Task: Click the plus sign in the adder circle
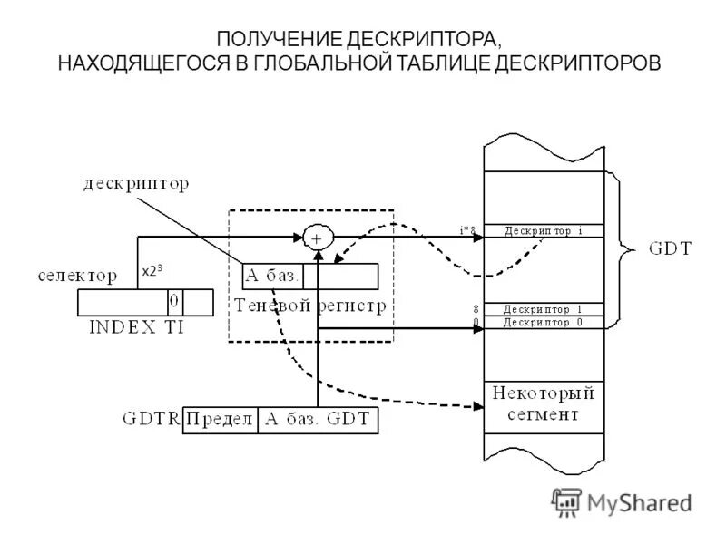318,238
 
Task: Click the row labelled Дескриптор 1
544,309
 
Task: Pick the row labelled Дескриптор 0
544,323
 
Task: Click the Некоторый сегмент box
544,404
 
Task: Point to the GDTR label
152,419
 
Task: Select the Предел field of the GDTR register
221,419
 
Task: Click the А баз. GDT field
317,419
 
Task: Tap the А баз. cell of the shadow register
272,275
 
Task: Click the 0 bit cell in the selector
174,300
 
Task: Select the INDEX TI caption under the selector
136,327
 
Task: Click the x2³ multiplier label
152,270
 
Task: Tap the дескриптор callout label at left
137,186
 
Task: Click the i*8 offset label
468,230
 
